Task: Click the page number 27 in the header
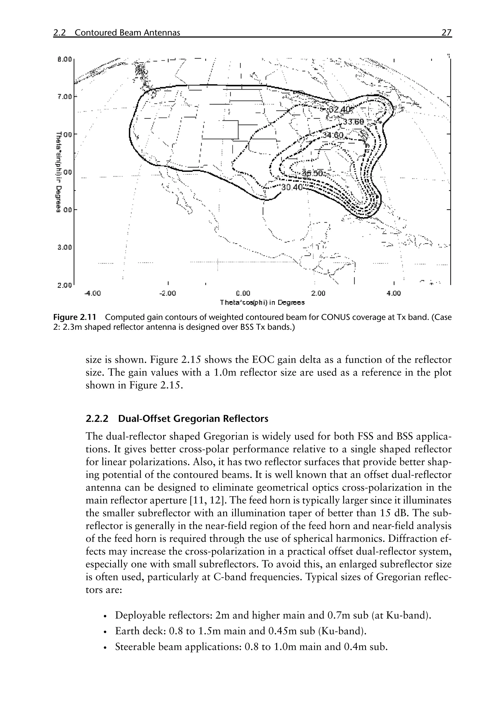point(446,33)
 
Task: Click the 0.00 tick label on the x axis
point(243,293)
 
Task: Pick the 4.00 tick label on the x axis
point(394,293)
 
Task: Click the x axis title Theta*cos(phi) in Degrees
point(262,302)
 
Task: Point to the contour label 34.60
point(333,135)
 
